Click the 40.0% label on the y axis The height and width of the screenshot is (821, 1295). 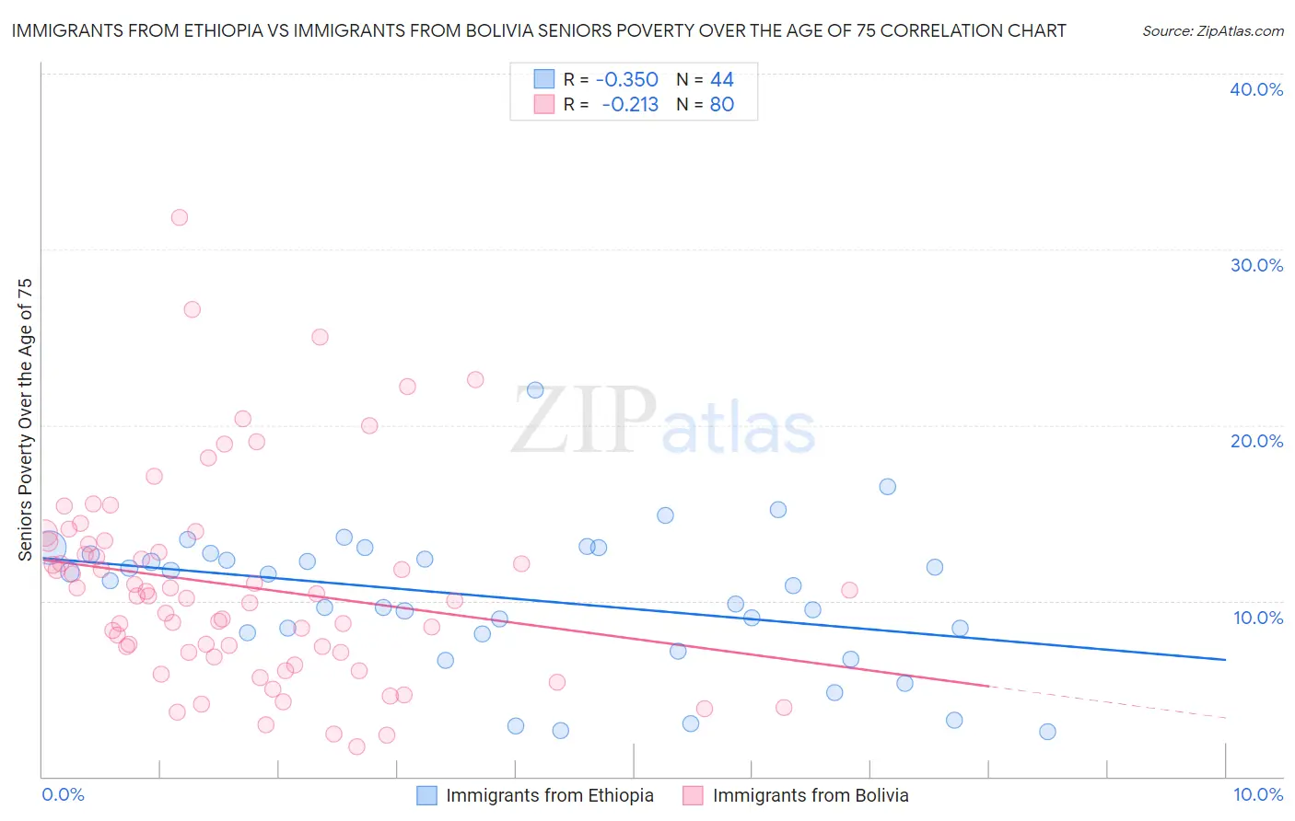tap(1256, 89)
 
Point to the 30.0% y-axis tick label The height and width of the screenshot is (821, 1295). tap(1256, 265)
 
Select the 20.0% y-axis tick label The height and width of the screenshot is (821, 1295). tap(1256, 441)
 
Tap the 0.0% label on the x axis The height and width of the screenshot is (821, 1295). tap(63, 794)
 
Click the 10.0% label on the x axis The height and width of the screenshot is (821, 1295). tap(1257, 794)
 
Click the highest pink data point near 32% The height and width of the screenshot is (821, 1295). tap(180, 217)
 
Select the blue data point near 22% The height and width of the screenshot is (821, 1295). tap(535, 390)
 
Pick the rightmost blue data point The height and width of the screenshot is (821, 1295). tap(1047, 732)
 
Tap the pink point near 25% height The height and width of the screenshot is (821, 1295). tap(320, 337)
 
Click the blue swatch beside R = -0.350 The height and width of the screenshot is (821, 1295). tap(544, 79)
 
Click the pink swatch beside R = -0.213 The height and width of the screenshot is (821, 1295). tap(544, 104)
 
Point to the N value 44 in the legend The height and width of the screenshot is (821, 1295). tap(722, 79)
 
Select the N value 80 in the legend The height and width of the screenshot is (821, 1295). tap(722, 104)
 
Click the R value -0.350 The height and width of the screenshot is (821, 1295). tap(627, 79)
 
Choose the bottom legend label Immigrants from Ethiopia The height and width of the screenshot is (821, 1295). tap(550, 795)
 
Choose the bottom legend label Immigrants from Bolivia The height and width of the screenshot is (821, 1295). tap(811, 795)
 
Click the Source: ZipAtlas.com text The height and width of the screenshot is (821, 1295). tap(1212, 30)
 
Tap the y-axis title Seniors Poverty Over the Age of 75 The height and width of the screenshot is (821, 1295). tap(25, 420)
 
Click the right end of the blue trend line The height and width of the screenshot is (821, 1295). tap(1225, 659)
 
